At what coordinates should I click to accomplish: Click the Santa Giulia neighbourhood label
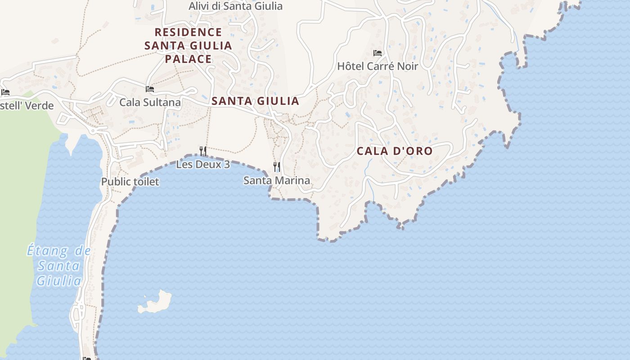coord(255,101)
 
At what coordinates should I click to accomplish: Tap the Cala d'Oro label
coord(394,151)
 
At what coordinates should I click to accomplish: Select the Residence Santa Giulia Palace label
coord(188,45)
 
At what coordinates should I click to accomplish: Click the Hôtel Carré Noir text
coord(378,66)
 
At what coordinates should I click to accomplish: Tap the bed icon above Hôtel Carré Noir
coord(378,53)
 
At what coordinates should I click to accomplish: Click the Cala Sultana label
coord(150,103)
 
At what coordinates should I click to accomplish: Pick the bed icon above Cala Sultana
coord(150,89)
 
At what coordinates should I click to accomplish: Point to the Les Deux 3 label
coord(203,165)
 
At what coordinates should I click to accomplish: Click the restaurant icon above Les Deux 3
coord(203,151)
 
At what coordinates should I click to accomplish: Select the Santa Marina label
coord(276,181)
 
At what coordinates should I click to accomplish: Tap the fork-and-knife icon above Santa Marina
coord(277,167)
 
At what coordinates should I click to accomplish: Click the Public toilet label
coord(130,182)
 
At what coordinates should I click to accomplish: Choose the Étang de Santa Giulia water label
coord(59,265)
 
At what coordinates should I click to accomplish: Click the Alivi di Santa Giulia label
coord(235,6)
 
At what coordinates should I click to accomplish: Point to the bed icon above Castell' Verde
coord(5,92)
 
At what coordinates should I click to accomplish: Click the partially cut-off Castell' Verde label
coord(27,106)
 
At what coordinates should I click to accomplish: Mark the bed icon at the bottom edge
coord(87,358)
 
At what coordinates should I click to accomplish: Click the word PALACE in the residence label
coord(188,59)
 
